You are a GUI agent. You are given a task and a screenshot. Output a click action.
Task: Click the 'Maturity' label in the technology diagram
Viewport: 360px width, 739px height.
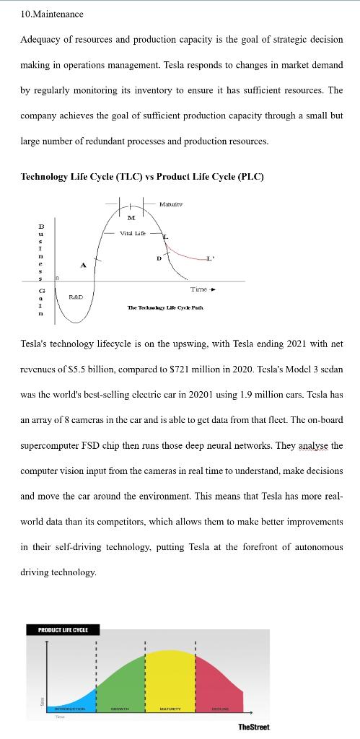(x=170, y=205)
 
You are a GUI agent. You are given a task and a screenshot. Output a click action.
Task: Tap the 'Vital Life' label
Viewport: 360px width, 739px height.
(x=133, y=233)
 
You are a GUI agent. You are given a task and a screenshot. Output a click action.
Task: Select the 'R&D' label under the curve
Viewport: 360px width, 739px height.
(x=76, y=297)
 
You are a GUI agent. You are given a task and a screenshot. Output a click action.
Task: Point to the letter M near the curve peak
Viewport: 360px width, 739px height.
(x=131, y=217)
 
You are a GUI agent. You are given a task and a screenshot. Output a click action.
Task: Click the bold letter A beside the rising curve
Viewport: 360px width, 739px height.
(x=83, y=265)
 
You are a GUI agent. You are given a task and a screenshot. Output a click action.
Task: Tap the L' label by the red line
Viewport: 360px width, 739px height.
(x=210, y=258)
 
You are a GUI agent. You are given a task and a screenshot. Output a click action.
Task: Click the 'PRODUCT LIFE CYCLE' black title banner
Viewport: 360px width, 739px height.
(x=63, y=630)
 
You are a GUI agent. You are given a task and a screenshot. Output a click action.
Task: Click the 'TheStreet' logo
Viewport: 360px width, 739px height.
(x=254, y=726)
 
